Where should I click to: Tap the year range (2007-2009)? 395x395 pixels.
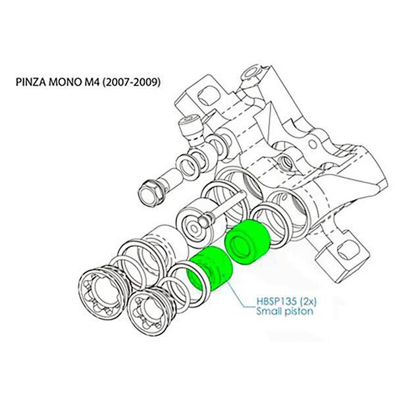131,82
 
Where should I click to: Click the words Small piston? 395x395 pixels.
284,311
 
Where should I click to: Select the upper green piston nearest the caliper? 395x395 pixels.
248,242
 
